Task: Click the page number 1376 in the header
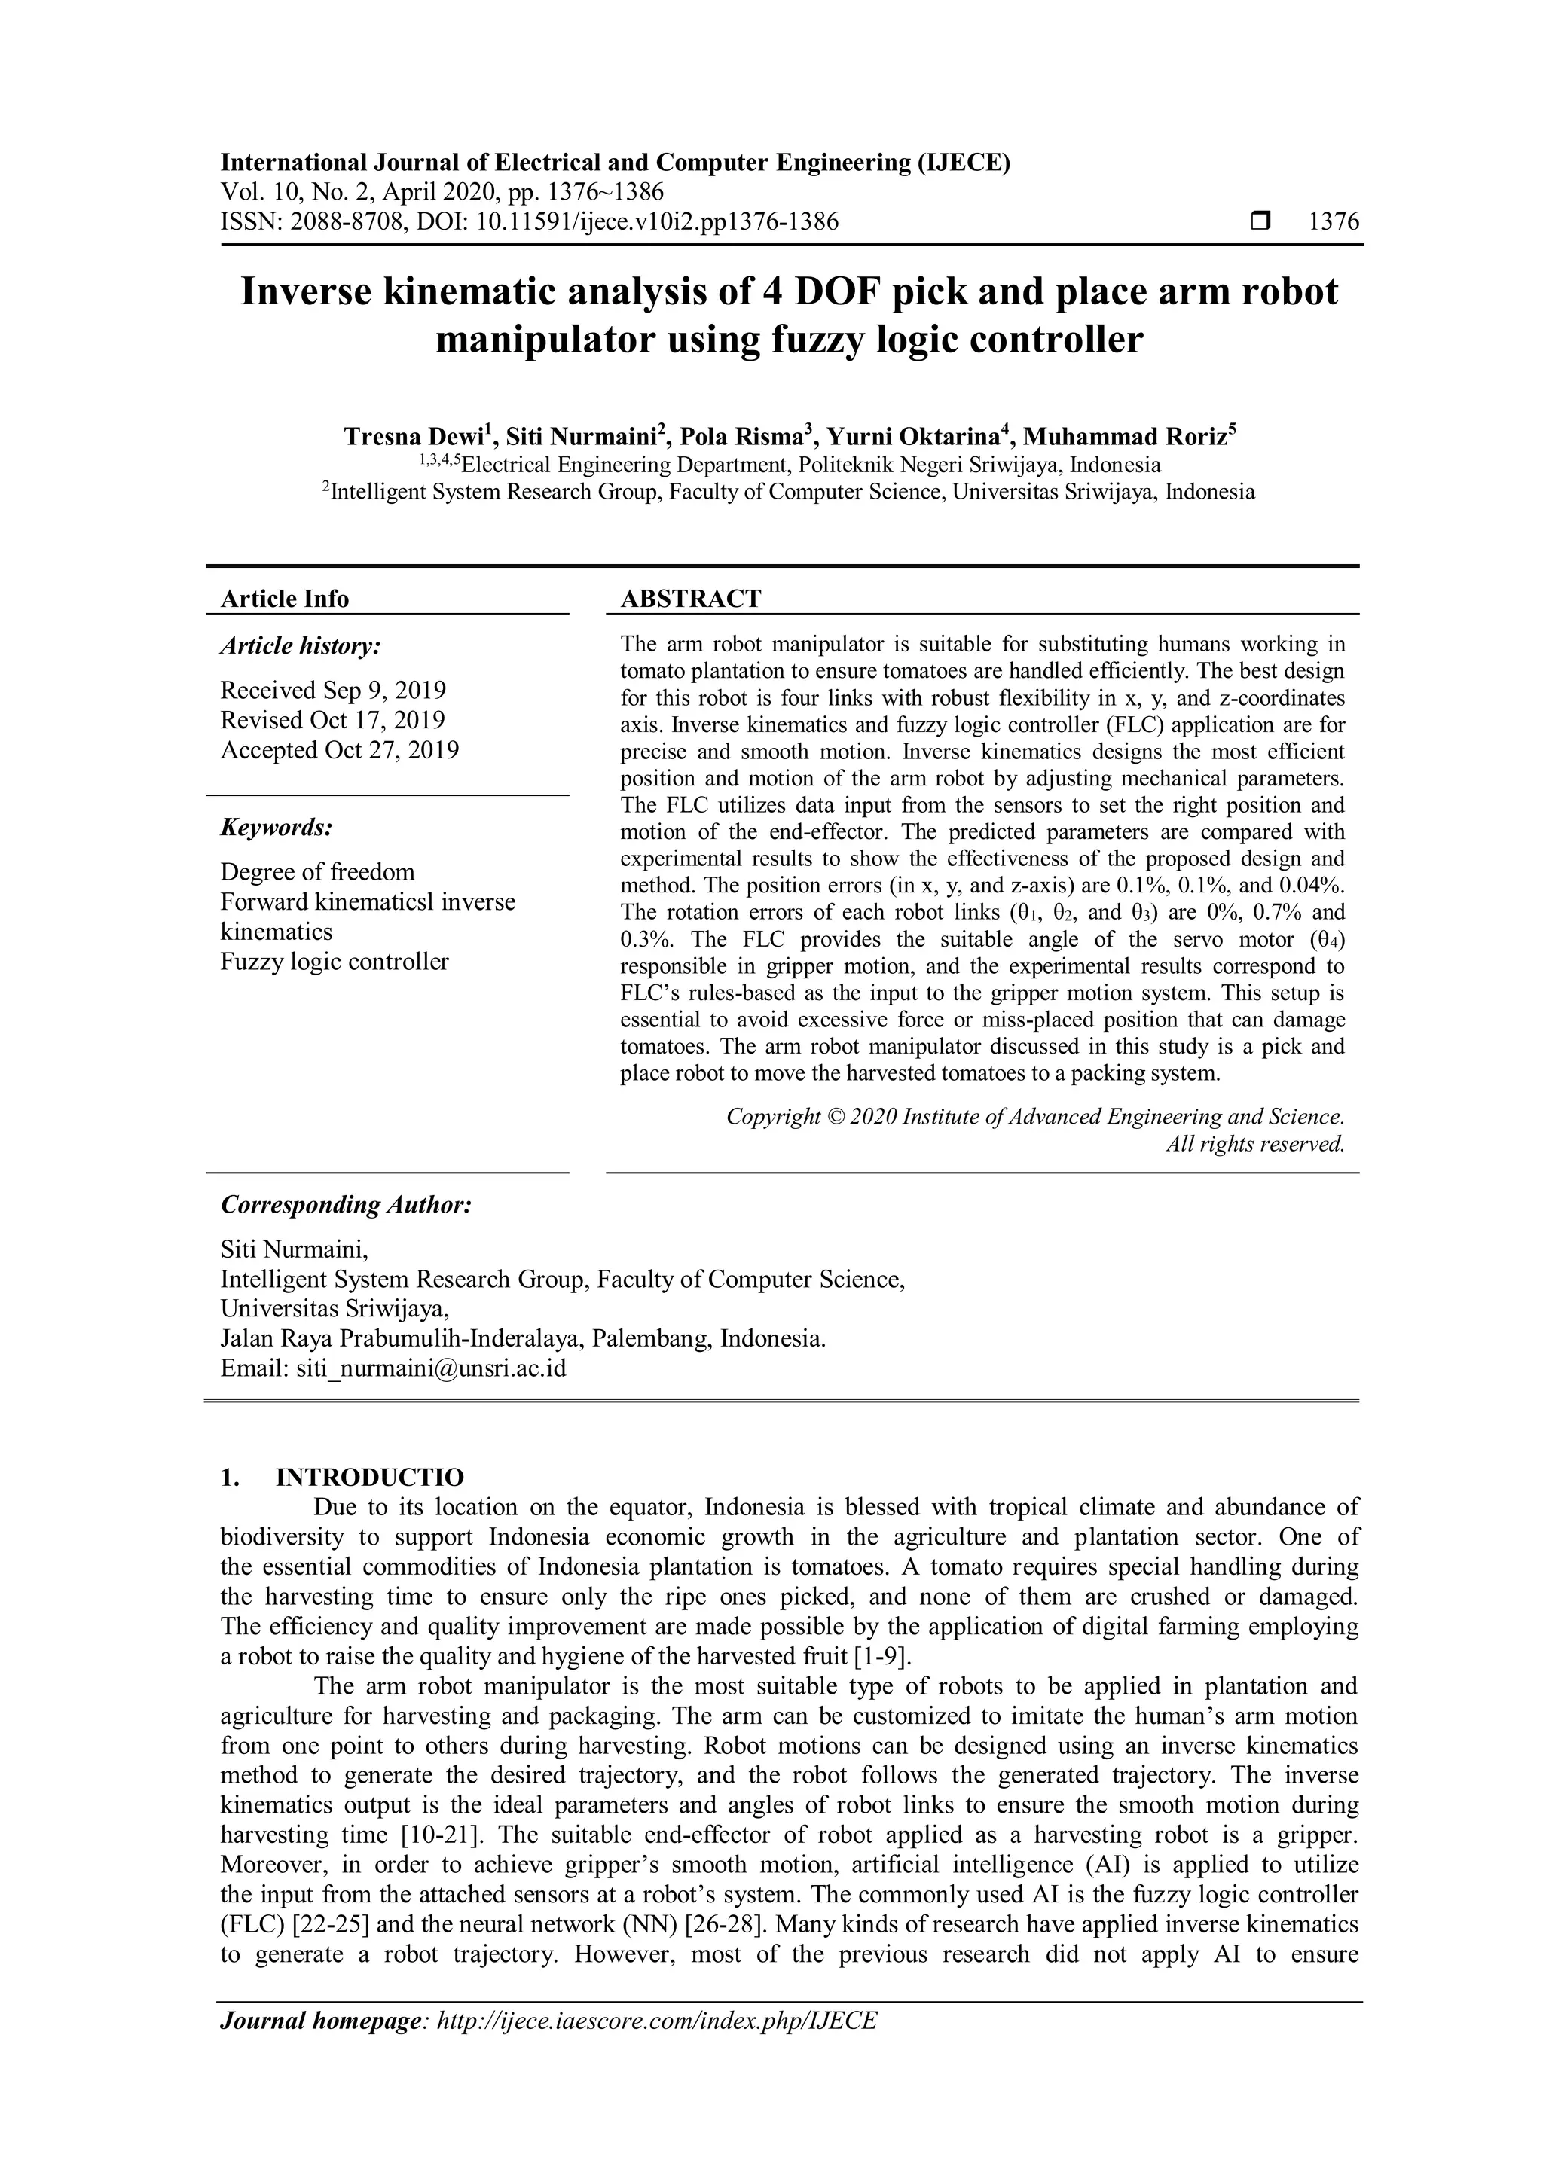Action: pyautogui.click(x=1334, y=222)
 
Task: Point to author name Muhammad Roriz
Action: pyautogui.click(x=1126, y=437)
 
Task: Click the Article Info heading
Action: pyautogui.click(x=284, y=599)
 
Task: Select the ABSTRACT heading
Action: pyautogui.click(x=691, y=599)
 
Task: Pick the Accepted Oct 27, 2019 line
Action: pyautogui.click(x=339, y=749)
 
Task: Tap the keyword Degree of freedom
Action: pyautogui.click(x=317, y=871)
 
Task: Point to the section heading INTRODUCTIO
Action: pyautogui.click(x=370, y=1477)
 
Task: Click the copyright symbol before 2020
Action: pyautogui.click(x=834, y=1116)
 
